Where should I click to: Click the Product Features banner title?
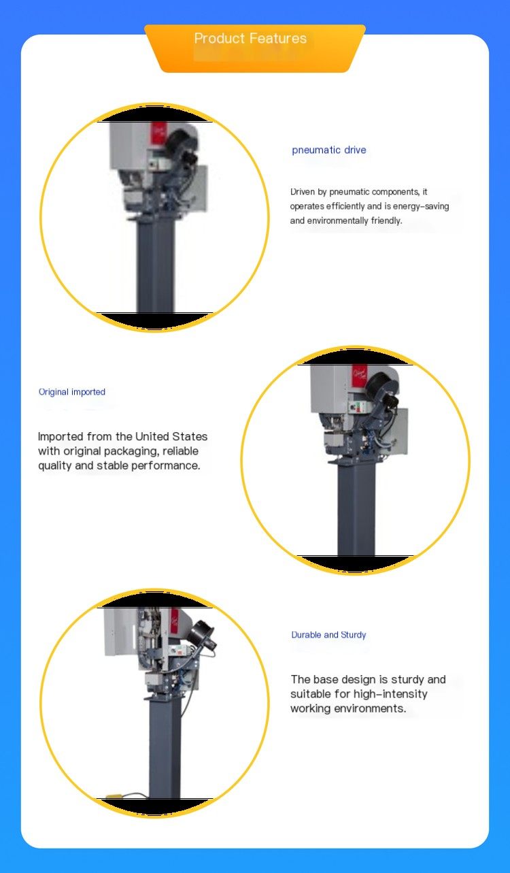(250, 38)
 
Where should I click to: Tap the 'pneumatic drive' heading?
(329, 150)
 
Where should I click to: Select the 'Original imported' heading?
(71, 392)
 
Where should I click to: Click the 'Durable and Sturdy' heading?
(328, 635)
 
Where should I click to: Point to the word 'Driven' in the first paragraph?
(303, 192)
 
